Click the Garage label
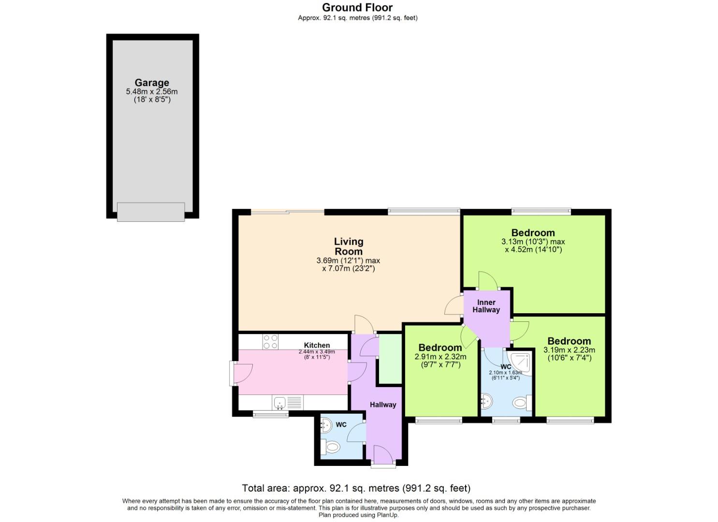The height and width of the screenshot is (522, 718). click(152, 83)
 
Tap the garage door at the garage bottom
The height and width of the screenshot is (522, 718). click(151, 212)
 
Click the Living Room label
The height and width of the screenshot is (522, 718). click(349, 246)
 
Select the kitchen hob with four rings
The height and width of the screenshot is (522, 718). click(270, 342)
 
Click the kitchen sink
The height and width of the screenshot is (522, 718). click(279, 402)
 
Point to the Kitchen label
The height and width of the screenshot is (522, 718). click(317, 345)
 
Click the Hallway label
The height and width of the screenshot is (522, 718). click(383, 405)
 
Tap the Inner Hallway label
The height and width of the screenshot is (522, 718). click(486, 306)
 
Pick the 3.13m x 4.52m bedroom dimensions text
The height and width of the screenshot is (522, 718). click(533, 246)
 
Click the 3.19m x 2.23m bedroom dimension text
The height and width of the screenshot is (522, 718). click(569, 354)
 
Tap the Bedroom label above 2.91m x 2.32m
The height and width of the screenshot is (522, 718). click(440, 348)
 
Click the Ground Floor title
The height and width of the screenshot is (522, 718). click(357, 7)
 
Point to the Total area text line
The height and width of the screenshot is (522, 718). click(356, 488)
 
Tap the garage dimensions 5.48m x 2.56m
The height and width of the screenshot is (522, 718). click(152, 91)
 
